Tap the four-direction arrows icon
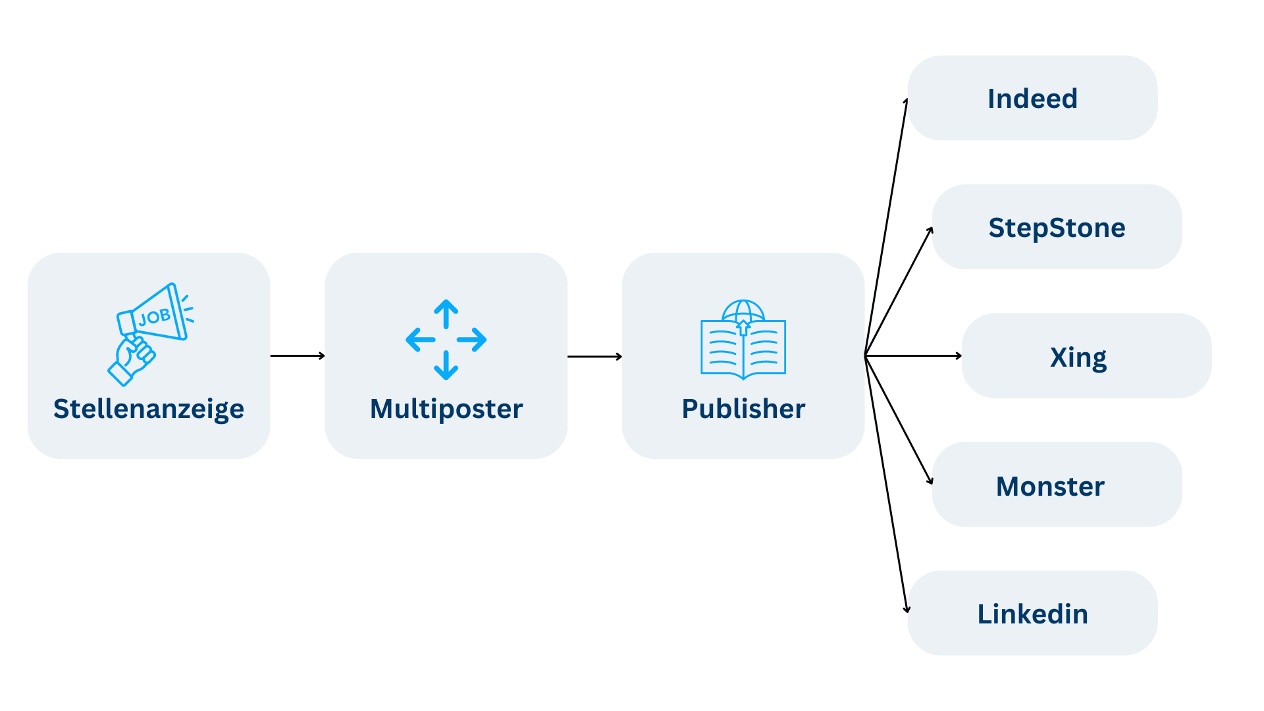tap(446, 340)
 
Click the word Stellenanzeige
tap(149, 409)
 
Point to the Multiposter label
tap(446, 409)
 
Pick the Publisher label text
tap(743, 409)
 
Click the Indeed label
tap(1032, 99)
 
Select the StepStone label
tap(1057, 228)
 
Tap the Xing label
tap(1078, 357)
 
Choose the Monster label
tap(1050, 487)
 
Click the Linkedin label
tap(1032, 614)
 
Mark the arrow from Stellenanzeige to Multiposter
tap(298, 355)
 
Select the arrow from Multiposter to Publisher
tap(594, 356)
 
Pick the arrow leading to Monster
tap(899, 421)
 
